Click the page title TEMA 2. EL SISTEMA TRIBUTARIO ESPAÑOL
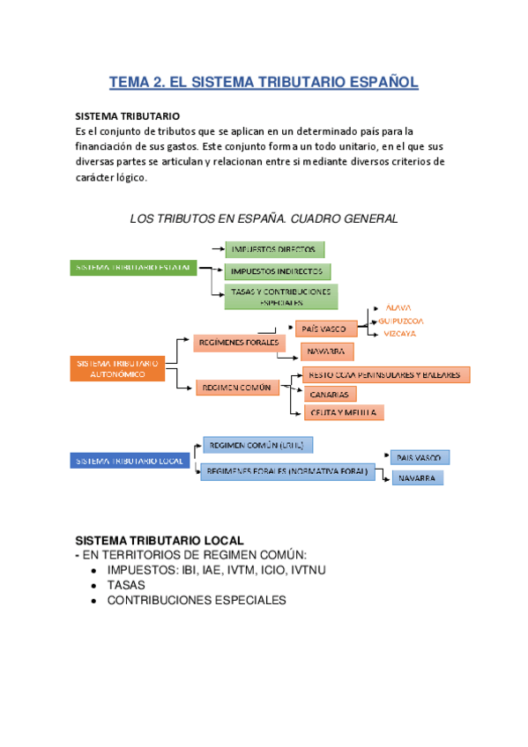(264, 83)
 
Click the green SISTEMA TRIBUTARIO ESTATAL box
(133, 268)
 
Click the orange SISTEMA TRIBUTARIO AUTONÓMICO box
(117, 368)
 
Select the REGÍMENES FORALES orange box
(239, 342)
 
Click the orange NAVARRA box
(327, 351)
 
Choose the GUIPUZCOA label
(401, 322)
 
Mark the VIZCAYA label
(398, 334)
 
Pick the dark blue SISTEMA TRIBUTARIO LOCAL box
(130, 461)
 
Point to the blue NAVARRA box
(417, 477)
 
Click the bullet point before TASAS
(94, 585)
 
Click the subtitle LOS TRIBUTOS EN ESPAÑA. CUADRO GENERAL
(264, 218)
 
